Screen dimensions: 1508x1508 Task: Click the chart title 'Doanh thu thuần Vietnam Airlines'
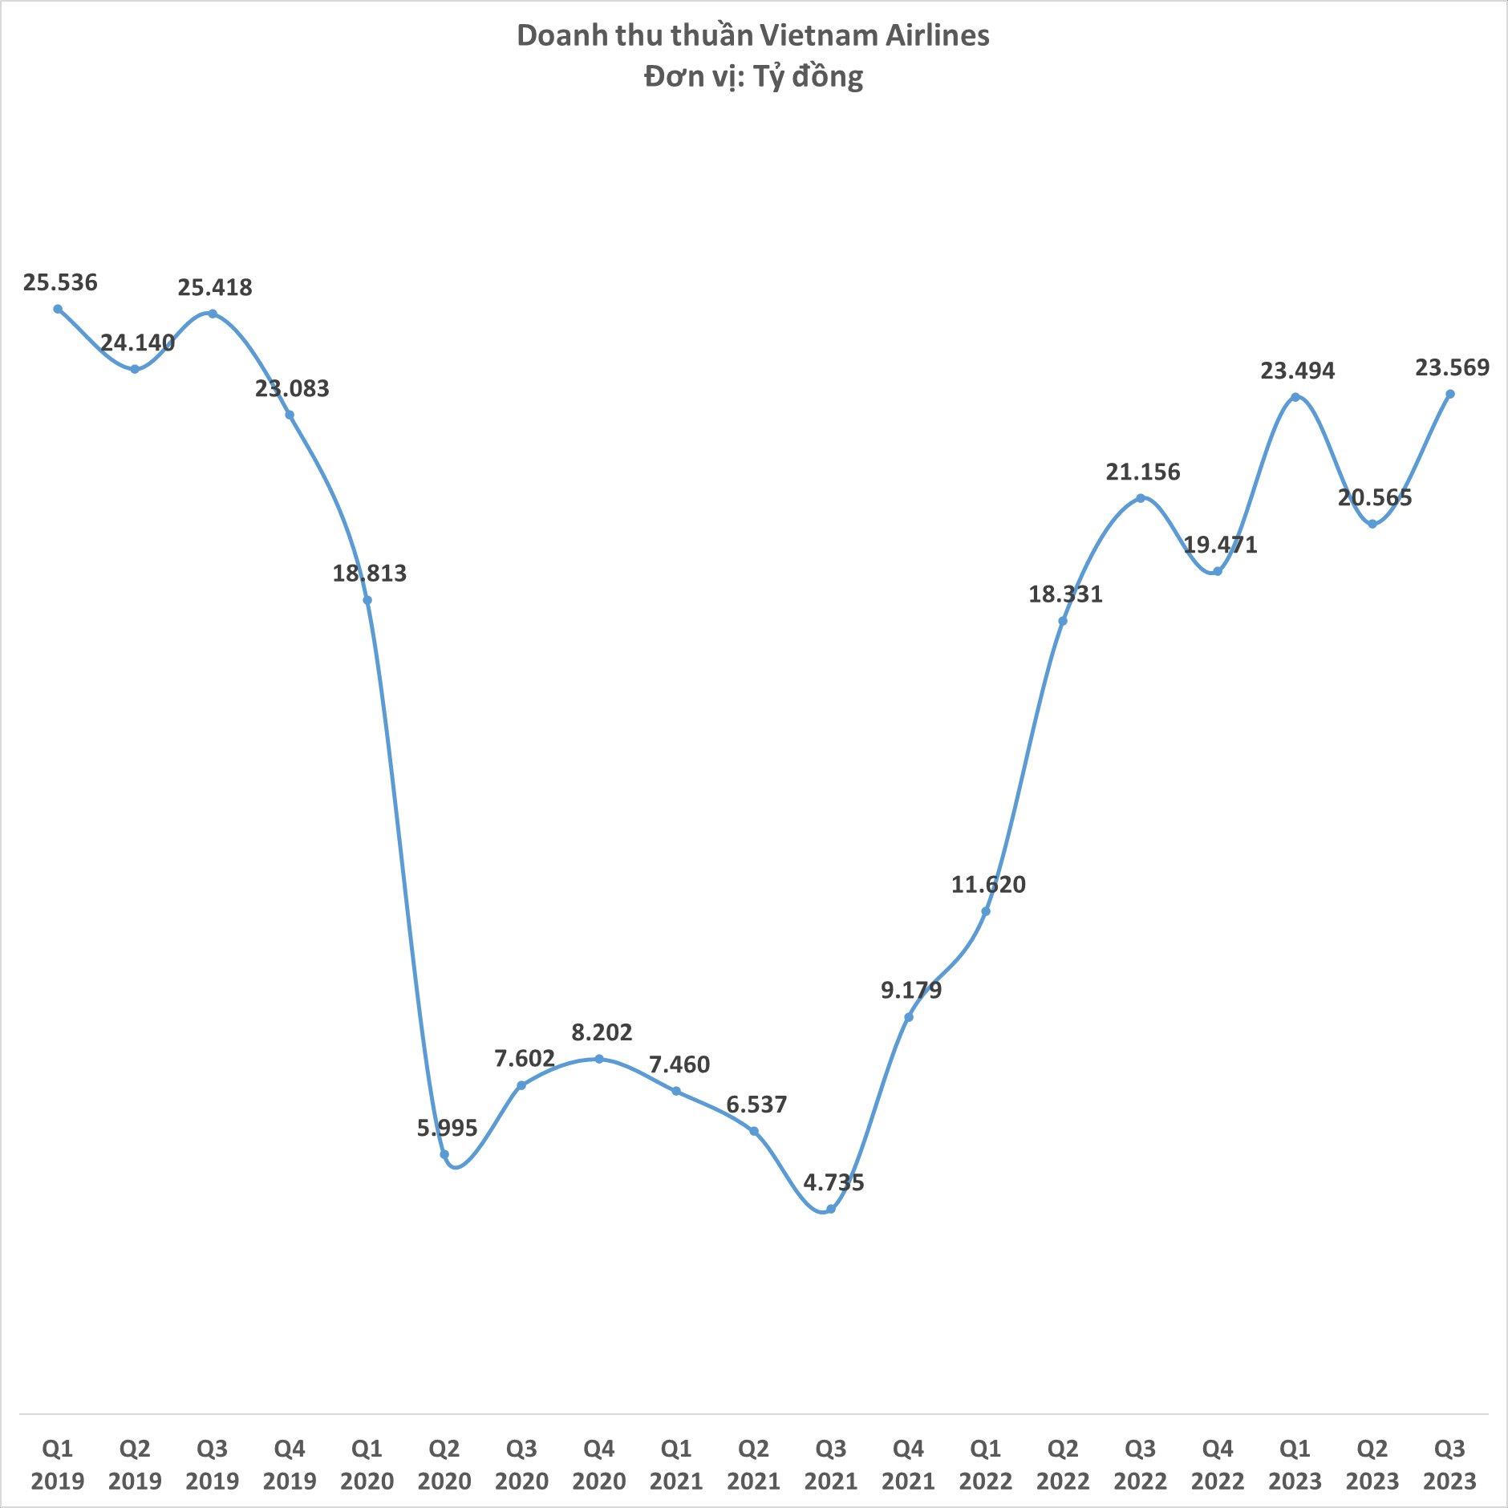(x=752, y=36)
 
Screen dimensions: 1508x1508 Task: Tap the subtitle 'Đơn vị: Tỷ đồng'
(x=752, y=78)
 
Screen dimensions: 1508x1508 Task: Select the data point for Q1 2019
(x=58, y=309)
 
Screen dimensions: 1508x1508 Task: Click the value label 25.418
(x=215, y=287)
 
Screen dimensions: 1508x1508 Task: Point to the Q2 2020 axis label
(x=444, y=1464)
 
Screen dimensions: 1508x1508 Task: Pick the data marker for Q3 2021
(x=831, y=1209)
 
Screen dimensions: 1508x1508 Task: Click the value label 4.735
(x=834, y=1182)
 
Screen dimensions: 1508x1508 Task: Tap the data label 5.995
(x=447, y=1128)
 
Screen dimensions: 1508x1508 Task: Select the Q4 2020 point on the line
(x=599, y=1059)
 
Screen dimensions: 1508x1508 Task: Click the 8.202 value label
(x=602, y=1032)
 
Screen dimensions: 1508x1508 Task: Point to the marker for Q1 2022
(x=986, y=911)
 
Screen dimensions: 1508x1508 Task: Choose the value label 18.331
(x=1066, y=594)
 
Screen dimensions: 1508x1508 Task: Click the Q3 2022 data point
(x=1141, y=498)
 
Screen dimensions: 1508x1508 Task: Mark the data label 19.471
(x=1220, y=545)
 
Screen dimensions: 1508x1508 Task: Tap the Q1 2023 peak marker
(x=1295, y=397)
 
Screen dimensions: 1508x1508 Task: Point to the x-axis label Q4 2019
(x=290, y=1464)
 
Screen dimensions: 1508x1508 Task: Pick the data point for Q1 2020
(x=367, y=600)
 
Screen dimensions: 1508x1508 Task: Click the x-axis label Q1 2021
(x=676, y=1464)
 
